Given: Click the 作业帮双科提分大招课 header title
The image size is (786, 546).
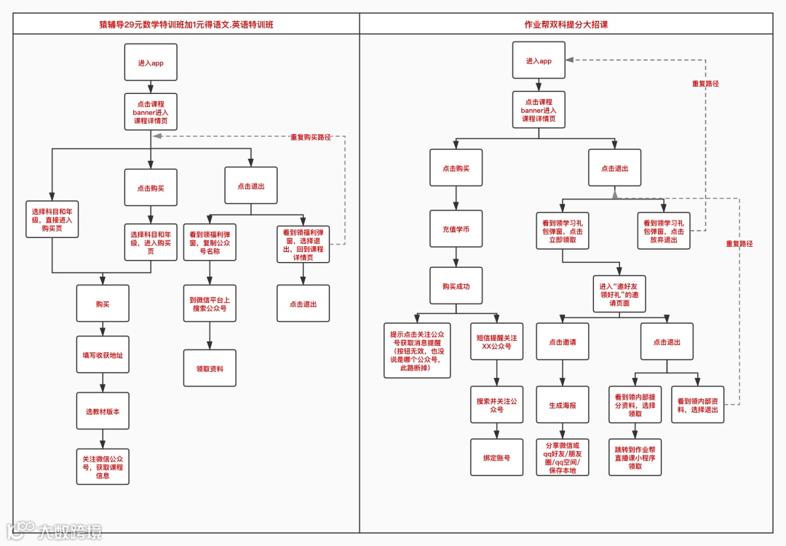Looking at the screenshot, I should [x=565, y=25].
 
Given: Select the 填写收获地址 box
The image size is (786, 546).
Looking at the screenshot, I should [x=103, y=355].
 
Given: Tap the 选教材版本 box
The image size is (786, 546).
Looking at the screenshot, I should [x=103, y=411].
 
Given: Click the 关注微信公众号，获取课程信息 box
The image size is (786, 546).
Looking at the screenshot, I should [x=103, y=467].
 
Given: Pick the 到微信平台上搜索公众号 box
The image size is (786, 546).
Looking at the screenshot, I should [x=210, y=304].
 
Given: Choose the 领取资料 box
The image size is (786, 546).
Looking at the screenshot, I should [x=210, y=369].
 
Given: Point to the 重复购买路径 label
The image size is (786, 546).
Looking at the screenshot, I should [x=311, y=137].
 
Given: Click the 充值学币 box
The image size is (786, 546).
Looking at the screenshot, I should [x=456, y=229].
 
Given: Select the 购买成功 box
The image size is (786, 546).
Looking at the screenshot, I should [x=456, y=286].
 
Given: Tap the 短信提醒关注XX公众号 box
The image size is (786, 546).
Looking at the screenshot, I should [x=496, y=342].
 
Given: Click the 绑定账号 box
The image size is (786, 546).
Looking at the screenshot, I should [x=496, y=458].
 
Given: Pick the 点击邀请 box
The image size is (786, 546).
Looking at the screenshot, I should [x=562, y=341].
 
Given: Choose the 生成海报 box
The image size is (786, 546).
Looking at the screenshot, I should [x=562, y=405].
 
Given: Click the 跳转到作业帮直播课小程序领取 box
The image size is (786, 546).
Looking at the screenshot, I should [x=635, y=457].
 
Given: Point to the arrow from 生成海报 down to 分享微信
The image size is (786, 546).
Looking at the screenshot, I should [x=562, y=431].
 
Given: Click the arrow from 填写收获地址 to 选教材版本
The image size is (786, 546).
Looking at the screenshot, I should [x=103, y=383].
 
